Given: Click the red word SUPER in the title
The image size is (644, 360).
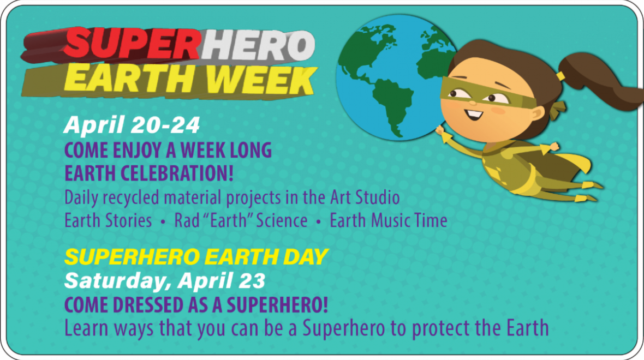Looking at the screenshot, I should (x=131, y=45).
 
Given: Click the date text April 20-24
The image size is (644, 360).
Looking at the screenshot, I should (x=132, y=125).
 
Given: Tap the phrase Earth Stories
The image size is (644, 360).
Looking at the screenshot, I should (x=108, y=220).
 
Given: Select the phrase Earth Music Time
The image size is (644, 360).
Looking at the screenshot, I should (x=389, y=220).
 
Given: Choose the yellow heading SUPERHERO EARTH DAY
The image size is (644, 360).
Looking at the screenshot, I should (x=196, y=256).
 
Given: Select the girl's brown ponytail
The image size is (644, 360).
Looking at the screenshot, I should (x=600, y=82).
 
